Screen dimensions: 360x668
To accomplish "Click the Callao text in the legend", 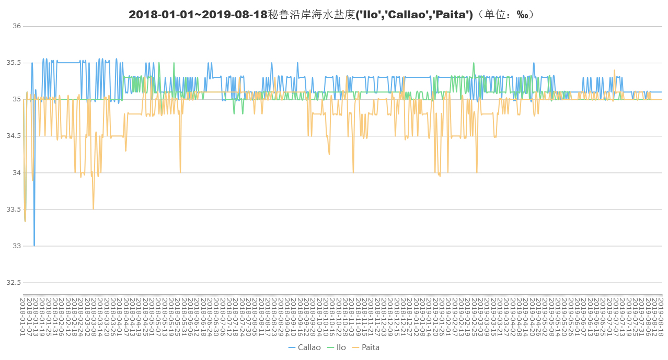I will pyautogui.click(x=309, y=347).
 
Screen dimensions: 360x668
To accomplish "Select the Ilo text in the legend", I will pyautogui.click(x=341, y=347).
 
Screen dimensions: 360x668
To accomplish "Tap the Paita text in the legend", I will pyautogui.click(x=371, y=347).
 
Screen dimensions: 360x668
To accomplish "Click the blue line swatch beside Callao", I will pyautogui.click(x=292, y=347).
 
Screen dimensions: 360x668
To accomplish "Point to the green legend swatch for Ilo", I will pyautogui.click(x=330, y=347).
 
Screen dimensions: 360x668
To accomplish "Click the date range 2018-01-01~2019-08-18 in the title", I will pyautogui.click(x=198, y=15).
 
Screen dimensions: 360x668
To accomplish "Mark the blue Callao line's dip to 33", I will pyautogui.click(x=34, y=245).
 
